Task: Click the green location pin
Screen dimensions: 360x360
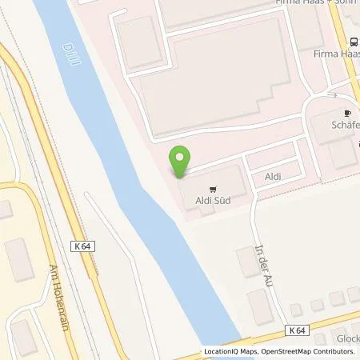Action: (x=182, y=160)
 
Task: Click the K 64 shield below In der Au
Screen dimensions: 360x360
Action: (x=298, y=330)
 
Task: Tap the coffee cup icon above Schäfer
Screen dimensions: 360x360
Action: (x=347, y=114)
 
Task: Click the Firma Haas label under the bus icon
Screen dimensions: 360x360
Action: (x=337, y=54)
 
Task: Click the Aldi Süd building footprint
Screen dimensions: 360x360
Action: (x=212, y=184)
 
